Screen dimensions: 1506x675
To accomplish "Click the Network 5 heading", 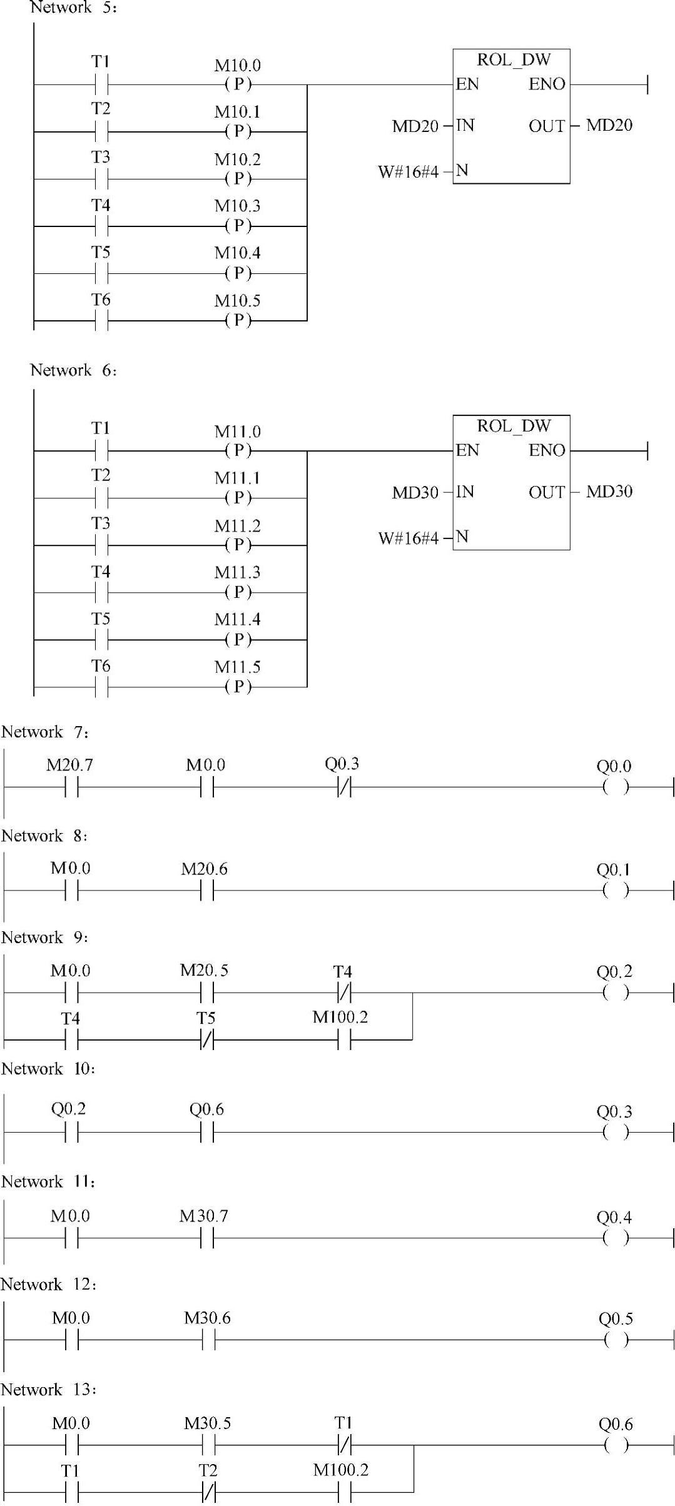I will [73, 8].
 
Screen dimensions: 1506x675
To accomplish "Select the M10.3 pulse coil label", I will [237, 206].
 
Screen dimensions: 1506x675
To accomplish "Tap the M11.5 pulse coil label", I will [237, 667].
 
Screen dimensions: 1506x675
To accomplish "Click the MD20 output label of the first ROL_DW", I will [609, 126].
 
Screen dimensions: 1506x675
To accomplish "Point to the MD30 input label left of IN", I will [415, 493].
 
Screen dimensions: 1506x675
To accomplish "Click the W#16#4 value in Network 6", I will [408, 538].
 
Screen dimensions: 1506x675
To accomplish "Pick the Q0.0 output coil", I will [616, 787].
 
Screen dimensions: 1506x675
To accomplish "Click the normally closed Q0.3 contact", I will [344, 787].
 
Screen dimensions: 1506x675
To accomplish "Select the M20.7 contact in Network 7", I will [71, 787].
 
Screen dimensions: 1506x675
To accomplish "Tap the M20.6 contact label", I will [204, 869].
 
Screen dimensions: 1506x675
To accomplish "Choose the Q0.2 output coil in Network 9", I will [616, 992].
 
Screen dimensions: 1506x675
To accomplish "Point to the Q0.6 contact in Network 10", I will [207, 1132].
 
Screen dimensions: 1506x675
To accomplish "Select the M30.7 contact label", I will [203, 1216].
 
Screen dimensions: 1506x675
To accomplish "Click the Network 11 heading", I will [48, 1182].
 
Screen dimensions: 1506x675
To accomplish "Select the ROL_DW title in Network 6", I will [514, 427].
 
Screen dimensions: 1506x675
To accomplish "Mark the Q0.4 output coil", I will [616, 1238].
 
